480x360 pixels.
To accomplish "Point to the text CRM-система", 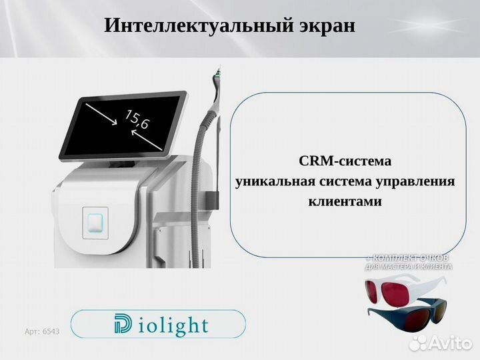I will [344, 161].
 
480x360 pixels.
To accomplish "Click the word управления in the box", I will [415, 181].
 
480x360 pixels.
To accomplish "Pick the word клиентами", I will [344, 201].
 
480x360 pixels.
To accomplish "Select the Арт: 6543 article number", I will [41, 331].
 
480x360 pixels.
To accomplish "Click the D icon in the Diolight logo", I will [122, 325].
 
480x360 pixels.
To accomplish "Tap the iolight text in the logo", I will [173, 326].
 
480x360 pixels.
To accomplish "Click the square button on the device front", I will [95, 221].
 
